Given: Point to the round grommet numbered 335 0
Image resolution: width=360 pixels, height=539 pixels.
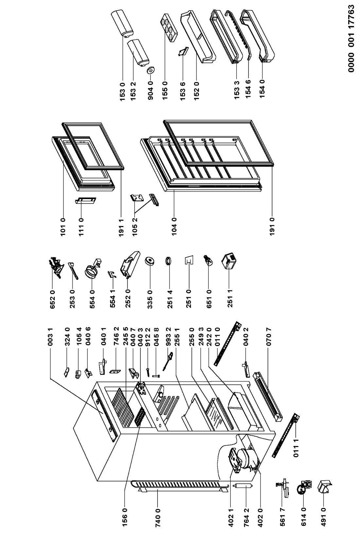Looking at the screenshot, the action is [150, 261].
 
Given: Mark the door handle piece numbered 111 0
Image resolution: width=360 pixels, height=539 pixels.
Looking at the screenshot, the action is [86, 201].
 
